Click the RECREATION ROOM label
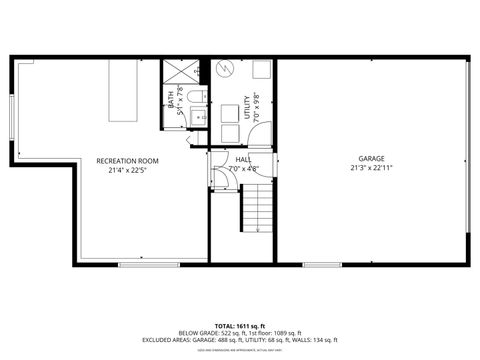127,160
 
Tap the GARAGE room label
372,159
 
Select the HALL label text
243,159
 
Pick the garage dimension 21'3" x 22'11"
372,169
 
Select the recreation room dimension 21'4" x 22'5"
127,169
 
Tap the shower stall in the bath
179,72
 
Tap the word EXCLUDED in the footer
158,341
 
